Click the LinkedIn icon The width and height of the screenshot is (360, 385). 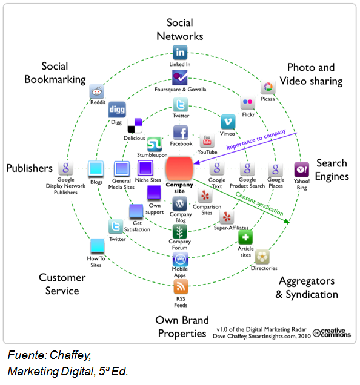pos(180,52)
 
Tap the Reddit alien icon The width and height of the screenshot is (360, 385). pos(96,91)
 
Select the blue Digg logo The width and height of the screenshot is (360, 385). pos(117,110)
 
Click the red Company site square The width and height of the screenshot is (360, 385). pos(179,169)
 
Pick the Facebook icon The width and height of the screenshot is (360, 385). pos(181,133)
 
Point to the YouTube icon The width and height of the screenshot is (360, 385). pos(207,140)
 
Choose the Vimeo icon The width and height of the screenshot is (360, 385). pos(228,122)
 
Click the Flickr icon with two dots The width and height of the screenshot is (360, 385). pos(248,102)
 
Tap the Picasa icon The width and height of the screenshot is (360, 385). pos(268,87)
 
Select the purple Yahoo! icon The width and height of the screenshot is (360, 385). pos(302,169)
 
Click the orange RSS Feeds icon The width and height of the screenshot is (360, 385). pos(181,286)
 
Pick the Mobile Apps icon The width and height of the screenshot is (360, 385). pos(181,259)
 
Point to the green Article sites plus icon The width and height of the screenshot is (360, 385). pos(245,237)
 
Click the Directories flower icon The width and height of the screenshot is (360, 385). pos(262,257)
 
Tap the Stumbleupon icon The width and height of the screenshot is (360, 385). pos(155,144)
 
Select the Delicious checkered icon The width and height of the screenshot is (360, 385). pos(135,125)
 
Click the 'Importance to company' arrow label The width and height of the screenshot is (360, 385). pos(256,139)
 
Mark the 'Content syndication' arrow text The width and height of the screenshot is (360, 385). pos(259,203)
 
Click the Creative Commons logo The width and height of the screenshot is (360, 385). pos(332,333)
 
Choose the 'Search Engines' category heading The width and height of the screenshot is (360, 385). pos(332,169)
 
